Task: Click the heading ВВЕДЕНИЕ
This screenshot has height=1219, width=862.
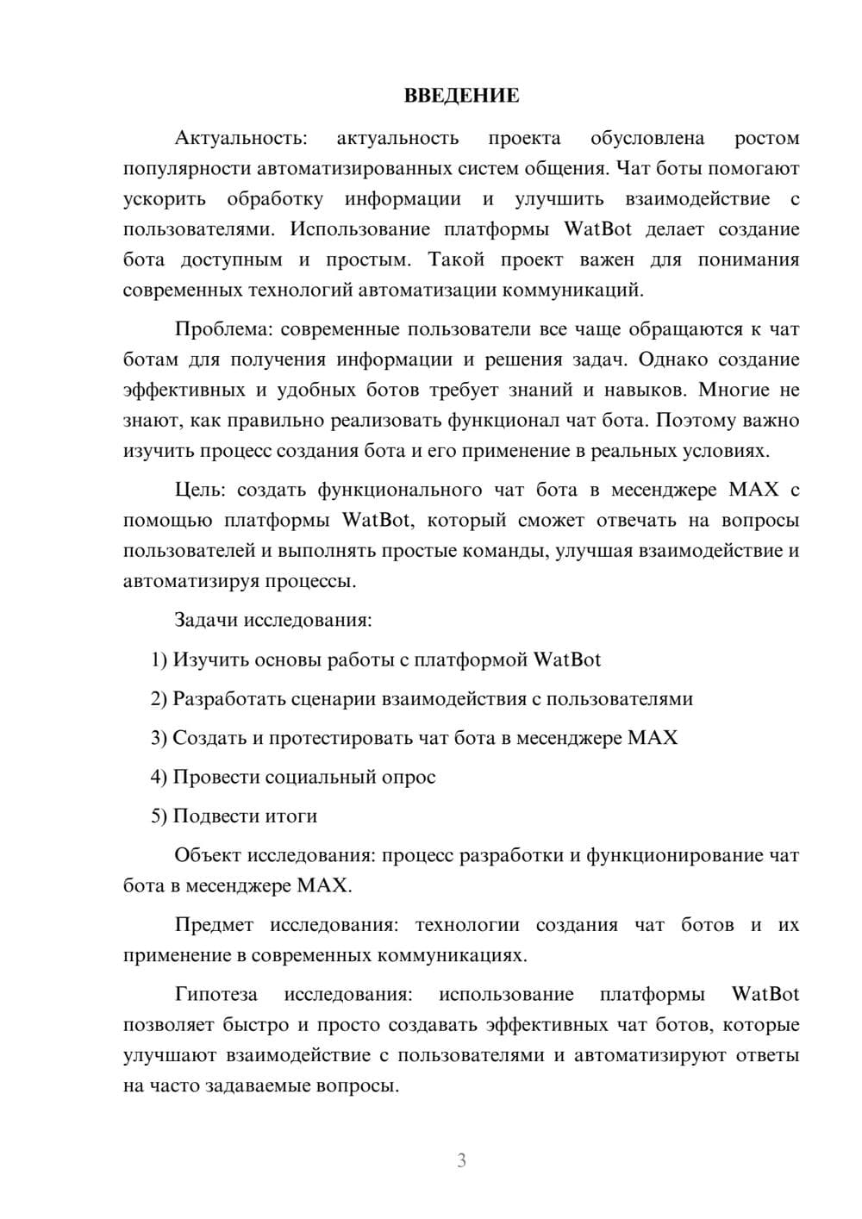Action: pyautogui.click(x=461, y=96)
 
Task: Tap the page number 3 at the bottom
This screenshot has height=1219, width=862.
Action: pyautogui.click(x=461, y=1160)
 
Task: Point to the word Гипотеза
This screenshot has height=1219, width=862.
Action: pyautogui.click(x=215, y=995)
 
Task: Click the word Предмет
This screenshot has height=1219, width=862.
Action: pyautogui.click(x=214, y=925)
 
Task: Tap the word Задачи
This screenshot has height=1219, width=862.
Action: pyautogui.click(x=207, y=620)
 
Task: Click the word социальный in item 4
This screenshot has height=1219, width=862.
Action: pyautogui.click(x=320, y=778)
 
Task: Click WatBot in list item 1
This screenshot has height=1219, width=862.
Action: pyautogui.click(x=567, y=660)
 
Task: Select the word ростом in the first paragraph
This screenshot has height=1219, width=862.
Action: pyautogui.click(x=766, y=139)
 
